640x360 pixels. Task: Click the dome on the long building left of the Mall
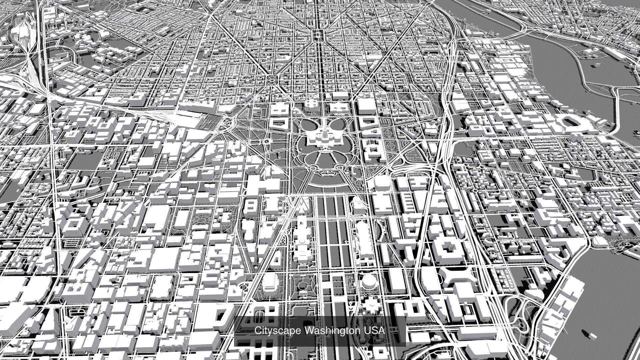(x=302, y=241)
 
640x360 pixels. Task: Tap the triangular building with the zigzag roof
(x=303, y=205)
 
